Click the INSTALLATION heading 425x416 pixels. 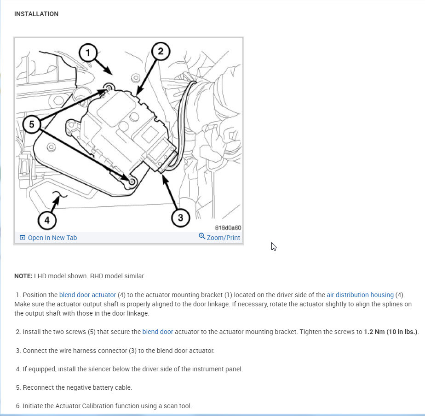(36, 14)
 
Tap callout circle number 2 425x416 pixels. (161, 51)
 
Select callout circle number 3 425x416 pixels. (180, 217)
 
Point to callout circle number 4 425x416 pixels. (47, 220)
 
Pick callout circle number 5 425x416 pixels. (31, 123)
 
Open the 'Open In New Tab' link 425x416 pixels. (52, 238)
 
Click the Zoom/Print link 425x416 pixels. (223, 238)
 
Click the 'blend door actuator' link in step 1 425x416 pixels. (87, 295)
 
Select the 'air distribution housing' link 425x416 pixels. (360, 295)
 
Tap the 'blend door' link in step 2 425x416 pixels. (158, 332)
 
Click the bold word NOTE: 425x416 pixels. (23, 276)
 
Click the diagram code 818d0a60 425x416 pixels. (228, 228)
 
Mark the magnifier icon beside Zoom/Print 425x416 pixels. (202, 236)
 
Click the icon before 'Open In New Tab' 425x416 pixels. (23, 238)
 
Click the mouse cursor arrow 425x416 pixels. (274, 246)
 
